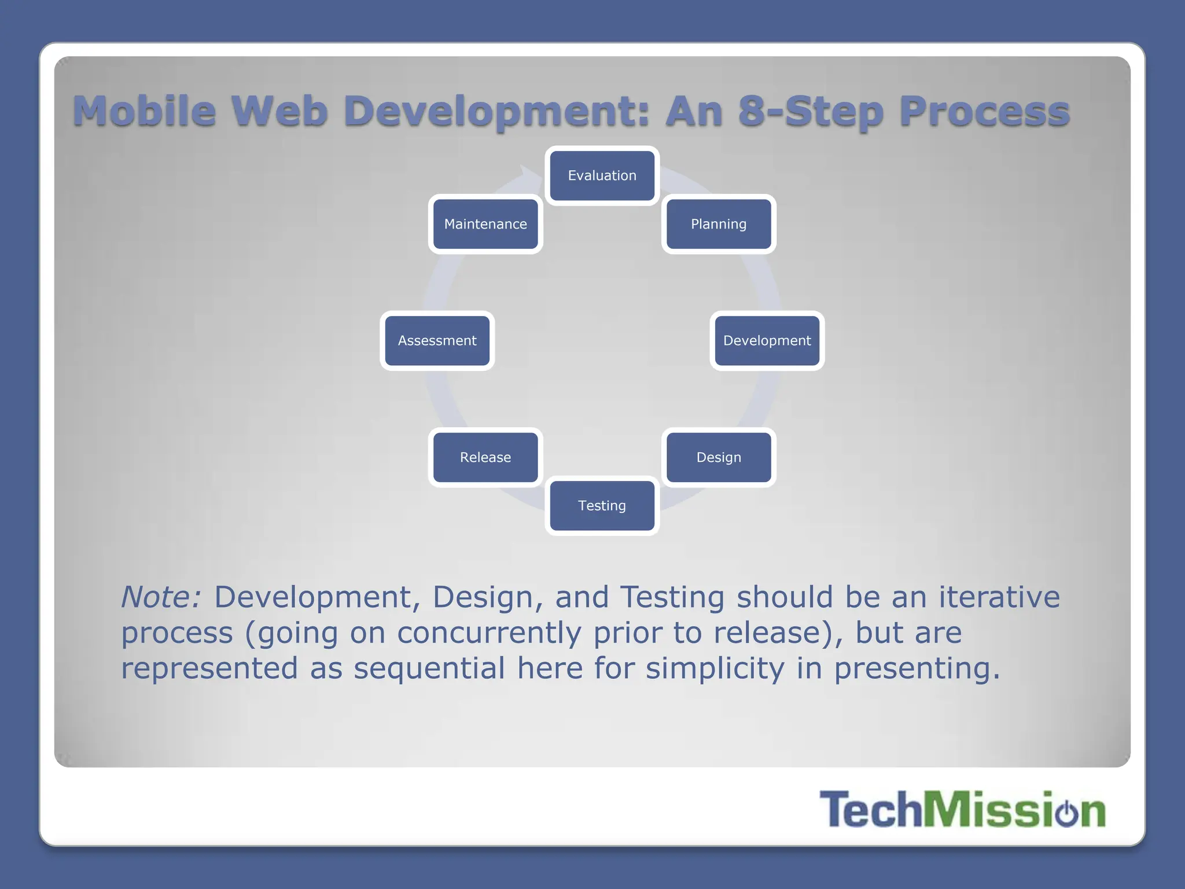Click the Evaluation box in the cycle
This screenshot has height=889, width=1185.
[602, 175]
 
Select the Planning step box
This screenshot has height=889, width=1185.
[719, 224]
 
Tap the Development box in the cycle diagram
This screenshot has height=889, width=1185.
[767, 340]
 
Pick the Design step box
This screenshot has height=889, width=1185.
[719, 457]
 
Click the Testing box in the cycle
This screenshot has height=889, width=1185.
[602, 505]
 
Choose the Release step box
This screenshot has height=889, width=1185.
[485, 457]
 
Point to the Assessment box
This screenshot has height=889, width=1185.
[437, 340]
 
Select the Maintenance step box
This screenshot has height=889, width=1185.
[485, 224]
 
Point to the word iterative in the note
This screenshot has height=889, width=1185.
[999, 597]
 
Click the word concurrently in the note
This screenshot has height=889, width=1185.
[489, 633]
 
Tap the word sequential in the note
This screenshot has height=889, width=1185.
[429, 668]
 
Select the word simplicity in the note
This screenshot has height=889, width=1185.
[715, 668]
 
